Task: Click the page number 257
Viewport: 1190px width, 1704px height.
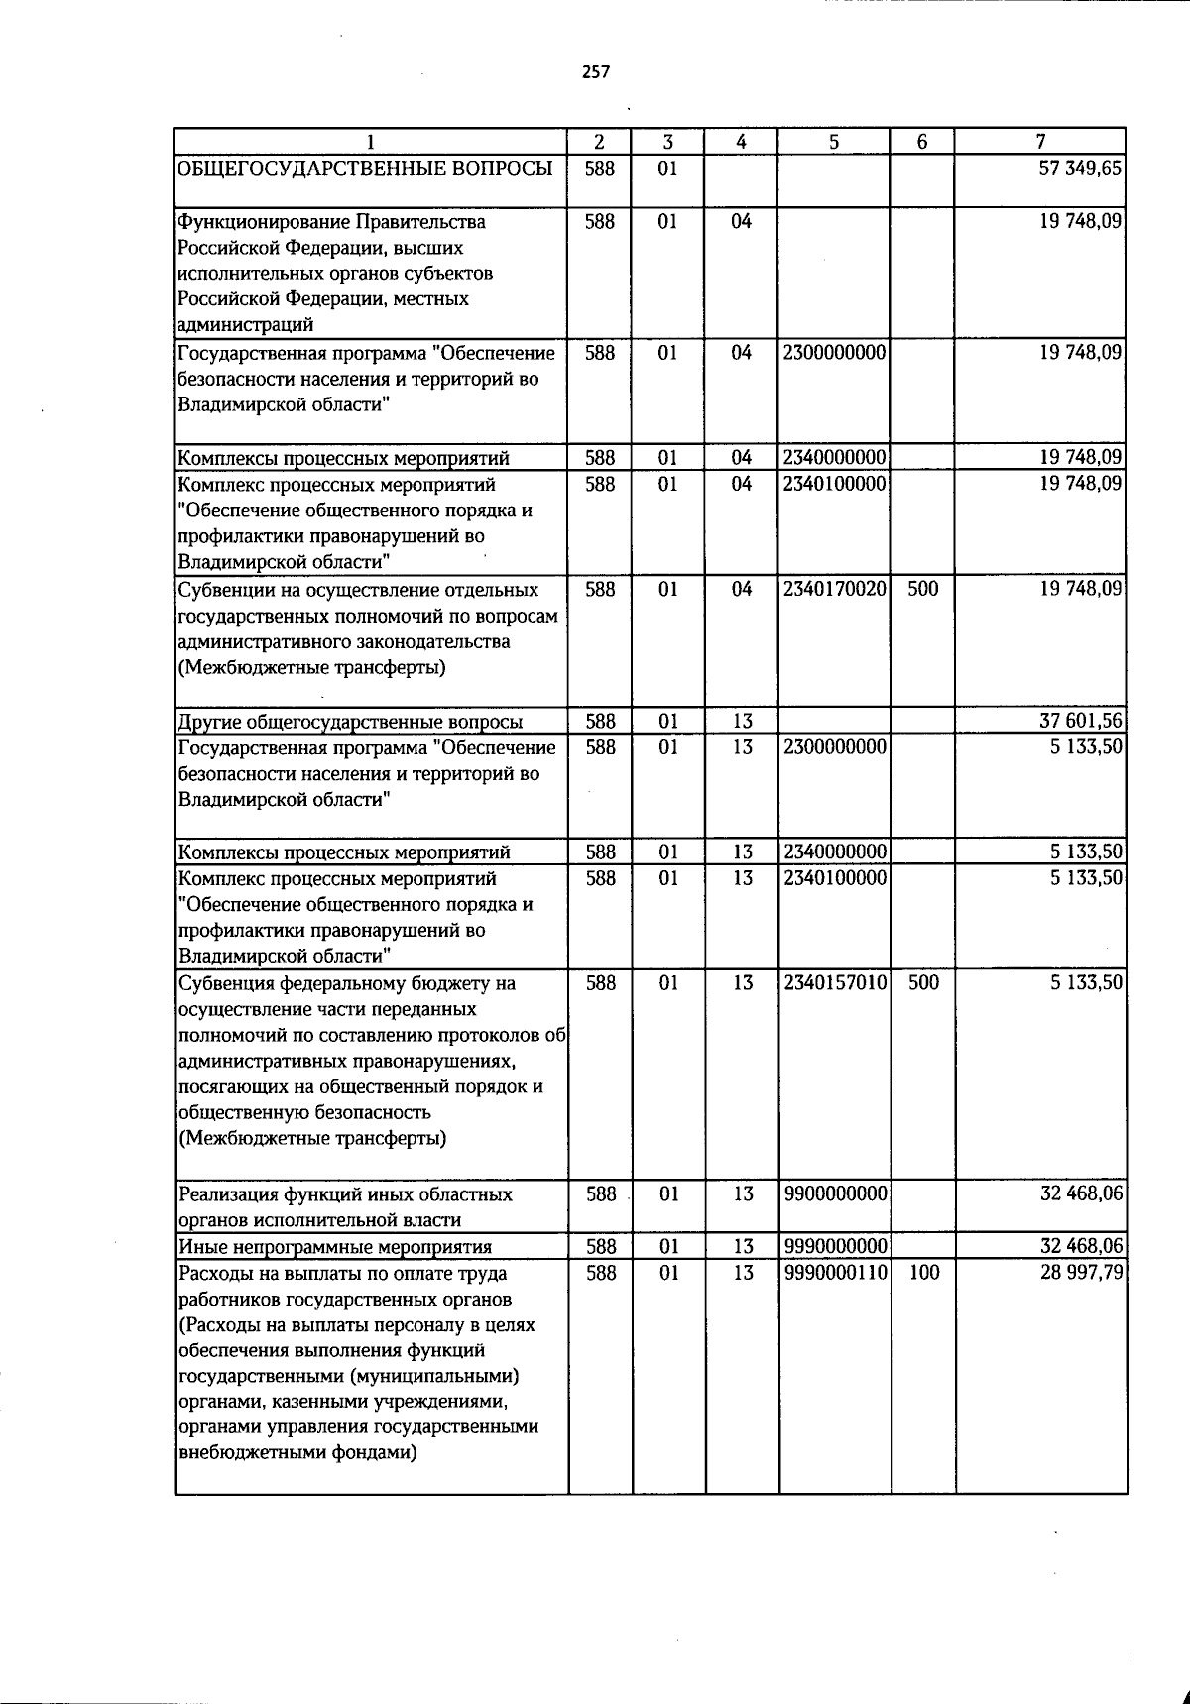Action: (596, 71)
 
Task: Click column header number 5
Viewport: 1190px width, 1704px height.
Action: (834, 142)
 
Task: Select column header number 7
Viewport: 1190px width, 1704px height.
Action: (1040, 142)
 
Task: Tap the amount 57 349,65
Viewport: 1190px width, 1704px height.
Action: (1080, 169)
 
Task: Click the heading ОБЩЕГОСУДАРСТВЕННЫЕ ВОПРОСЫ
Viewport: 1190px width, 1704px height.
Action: (364, 169)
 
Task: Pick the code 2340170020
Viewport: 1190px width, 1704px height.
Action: (834, 589)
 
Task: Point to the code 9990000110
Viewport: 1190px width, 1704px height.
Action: (834, 1272)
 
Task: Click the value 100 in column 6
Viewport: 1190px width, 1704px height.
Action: (923, 1272)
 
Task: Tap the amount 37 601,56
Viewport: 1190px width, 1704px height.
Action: (1080, 721)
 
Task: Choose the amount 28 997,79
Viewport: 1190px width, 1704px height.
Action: (1080, 1272)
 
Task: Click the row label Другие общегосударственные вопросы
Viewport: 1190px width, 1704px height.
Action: (350, 722)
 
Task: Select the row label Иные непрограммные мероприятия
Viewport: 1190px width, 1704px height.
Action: (334, 1247)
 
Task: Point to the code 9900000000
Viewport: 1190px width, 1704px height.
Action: (834, 1193)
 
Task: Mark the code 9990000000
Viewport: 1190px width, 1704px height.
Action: (834, 1246)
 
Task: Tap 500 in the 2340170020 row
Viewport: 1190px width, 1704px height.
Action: (923, 589)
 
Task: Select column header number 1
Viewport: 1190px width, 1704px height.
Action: (370, 142)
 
